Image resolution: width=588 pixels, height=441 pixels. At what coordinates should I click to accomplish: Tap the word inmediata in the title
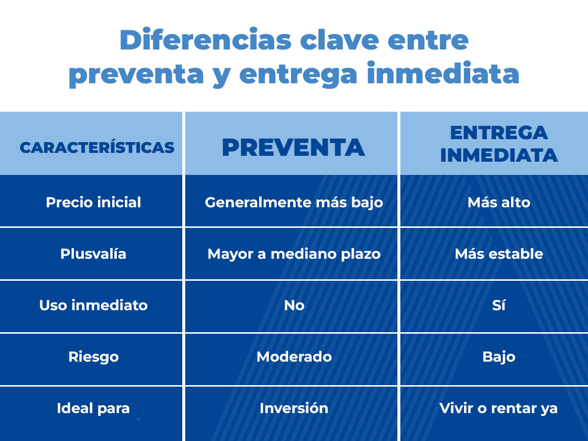pyautogui.click(x=443, y=73)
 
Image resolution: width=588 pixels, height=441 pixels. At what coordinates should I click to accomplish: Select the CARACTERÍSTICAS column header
pyautogui.click(x=97, y=147)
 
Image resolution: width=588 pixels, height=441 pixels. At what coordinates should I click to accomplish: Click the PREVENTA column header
pyautogui.click(x=294, y=147)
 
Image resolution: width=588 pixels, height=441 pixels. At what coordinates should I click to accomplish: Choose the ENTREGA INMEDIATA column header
pyautogui.click(x=499, y=144)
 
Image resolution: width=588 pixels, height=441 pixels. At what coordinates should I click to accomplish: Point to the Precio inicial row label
pyautogui.click(x=93, y=202)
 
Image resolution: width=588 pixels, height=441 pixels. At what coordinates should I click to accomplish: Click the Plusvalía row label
pyautogui.click(x=93, y=253)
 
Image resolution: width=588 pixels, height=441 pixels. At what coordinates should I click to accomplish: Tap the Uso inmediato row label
pyautogui.click(x=93, y=305)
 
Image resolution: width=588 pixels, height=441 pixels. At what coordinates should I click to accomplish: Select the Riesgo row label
pyautogui.click(x=93, y=357)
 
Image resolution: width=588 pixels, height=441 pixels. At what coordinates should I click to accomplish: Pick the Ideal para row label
pyautogui.click(x=93, y=408)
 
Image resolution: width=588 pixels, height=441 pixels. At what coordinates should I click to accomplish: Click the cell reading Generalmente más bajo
pyautogui.click(x=294, y=202)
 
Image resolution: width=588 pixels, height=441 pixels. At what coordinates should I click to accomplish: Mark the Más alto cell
pyautogui.click(x=499, y=202)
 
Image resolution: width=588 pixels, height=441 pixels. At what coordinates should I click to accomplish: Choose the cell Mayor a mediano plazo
pyautogui.click(x=294, y=254)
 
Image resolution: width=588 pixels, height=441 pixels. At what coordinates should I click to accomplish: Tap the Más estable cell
pyautogui.click(x=499, y=253)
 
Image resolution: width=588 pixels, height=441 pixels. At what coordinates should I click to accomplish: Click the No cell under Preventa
pyautogui.click(x=294, y=305)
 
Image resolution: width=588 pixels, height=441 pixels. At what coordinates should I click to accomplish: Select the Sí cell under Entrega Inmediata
pyautogui.click(x=499, y=305)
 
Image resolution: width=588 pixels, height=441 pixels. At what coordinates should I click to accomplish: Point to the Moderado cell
pyautogui.click(x=294, y=357)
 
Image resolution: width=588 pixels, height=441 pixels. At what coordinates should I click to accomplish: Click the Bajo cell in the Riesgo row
pyautogui.click(x=499, y=357)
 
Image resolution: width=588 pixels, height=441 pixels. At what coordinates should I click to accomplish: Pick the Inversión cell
pyautogui.click(x=294, y=408)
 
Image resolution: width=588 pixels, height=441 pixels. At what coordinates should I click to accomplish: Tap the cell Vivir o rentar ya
pyautogui.click(x=499, y=408)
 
